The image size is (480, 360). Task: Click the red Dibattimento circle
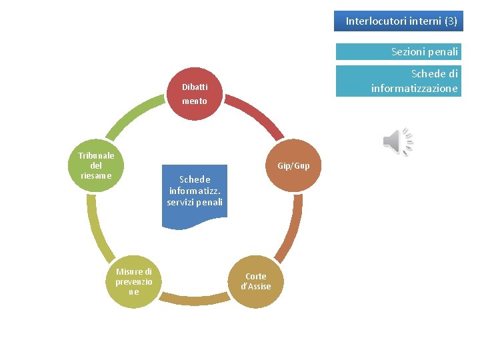[x=195, y=94]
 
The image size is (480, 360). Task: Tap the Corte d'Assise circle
[x=255, y=281]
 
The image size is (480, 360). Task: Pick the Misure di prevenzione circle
[x=133, y=281]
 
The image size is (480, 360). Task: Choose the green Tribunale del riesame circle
[x=96, y=165]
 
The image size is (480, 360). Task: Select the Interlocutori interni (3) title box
[x=401, y=21]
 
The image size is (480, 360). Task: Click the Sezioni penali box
[x=398, y=51]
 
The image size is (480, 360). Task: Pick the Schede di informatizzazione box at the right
[x=398, y=81]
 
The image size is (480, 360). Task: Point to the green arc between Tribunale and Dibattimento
[x=131, y=116]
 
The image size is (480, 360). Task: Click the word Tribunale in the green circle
[x=96, y=155]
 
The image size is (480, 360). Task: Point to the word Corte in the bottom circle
[x=255, y=276]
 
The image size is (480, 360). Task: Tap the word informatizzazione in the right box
[x=414, y=88]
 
